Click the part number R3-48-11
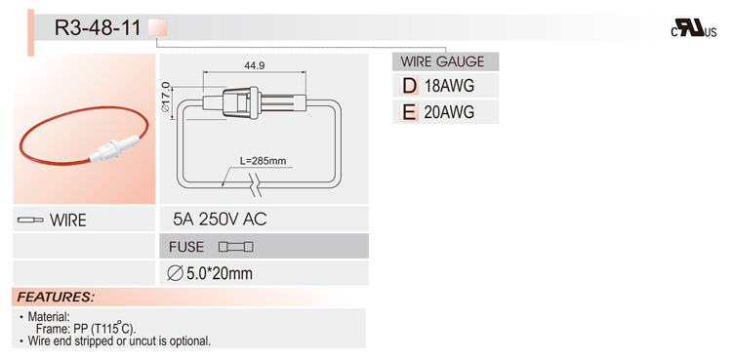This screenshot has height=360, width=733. (x=98, y=28)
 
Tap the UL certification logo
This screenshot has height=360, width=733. (x=694, y=28)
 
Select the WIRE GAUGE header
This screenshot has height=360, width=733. (x=443, y=61)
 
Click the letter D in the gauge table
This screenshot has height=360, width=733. (x=410, y=86)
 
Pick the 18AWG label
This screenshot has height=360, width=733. (x=449, y=86)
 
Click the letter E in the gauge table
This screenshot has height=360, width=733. (x=410, y=112)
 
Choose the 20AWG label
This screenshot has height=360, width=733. (x=449, y=112)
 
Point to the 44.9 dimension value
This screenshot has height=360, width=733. (x=255, y=66)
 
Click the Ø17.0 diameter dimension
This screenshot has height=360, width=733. (x=165, y=97)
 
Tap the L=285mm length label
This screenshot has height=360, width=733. (x=263, y=161)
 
